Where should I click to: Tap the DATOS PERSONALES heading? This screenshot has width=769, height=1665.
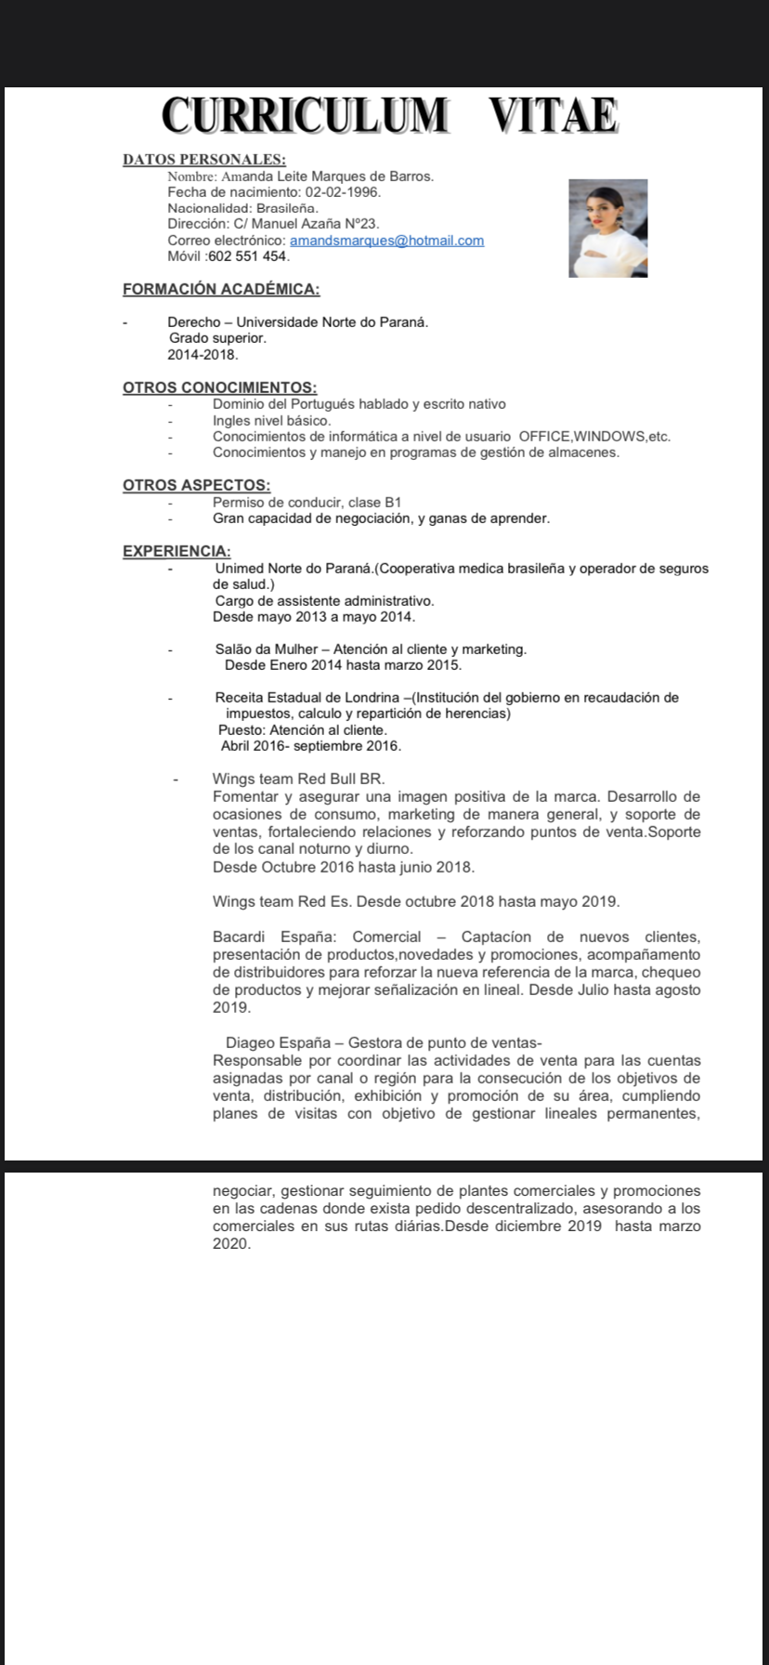point(204,160)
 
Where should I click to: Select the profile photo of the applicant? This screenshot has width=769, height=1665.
point(608,228)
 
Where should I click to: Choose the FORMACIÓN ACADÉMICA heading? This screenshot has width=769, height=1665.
point(221,289)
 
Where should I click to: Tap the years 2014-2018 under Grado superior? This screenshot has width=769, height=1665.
point(202,355)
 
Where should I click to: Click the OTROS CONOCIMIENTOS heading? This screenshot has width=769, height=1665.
point(220,387)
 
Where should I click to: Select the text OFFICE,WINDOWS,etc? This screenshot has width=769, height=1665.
point(594,437)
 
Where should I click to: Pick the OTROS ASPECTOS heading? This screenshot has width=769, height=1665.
point(197,485)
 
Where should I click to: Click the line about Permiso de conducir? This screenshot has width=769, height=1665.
point(306,502)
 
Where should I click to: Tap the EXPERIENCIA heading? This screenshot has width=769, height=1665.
point(177,551)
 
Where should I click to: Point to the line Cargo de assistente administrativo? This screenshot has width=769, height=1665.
point(324,600)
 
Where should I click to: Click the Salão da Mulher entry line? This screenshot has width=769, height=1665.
point(371,649)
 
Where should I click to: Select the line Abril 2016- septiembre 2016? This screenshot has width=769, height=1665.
point(311,746)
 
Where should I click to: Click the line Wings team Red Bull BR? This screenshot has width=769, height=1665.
point(298,779)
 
